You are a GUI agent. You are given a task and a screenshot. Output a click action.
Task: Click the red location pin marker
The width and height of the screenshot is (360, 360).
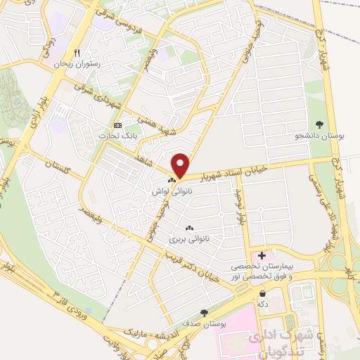(x=181, y=165)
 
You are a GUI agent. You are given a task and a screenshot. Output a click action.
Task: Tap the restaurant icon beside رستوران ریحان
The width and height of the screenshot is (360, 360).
(x=77, y=53)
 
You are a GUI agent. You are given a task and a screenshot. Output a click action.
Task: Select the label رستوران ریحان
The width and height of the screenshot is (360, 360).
(x=78, y=64)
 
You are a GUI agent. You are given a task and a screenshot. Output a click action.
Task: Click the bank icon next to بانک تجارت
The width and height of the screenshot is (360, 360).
(x=117, y=126)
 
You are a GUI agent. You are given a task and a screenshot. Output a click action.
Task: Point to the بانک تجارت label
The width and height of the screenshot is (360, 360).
(x=113, y=136)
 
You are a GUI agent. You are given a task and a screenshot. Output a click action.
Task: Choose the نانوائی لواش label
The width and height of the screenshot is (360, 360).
(x=171, y=191)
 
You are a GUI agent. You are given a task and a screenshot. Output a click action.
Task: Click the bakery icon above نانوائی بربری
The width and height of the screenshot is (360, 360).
(x=188, y=229)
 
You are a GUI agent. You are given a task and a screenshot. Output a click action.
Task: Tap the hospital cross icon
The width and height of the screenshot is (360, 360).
(x=262, y=256)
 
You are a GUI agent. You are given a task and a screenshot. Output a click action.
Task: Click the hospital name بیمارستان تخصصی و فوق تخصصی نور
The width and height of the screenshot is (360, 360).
(x=264, y=272)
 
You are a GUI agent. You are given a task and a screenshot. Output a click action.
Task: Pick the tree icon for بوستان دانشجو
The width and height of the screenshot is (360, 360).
(x=321, y=124)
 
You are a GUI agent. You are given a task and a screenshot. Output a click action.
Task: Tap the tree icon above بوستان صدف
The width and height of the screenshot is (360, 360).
(x=205, y=313)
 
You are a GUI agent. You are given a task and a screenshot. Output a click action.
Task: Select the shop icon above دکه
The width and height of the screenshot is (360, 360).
(x=263, y=293)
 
